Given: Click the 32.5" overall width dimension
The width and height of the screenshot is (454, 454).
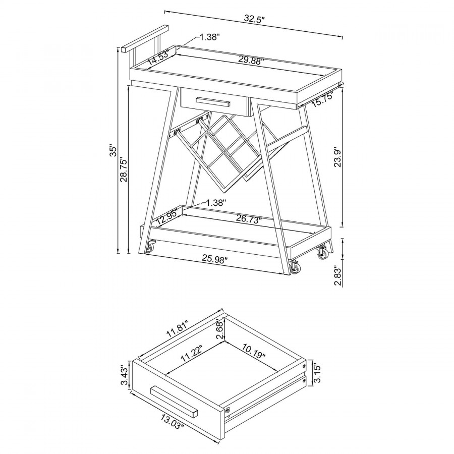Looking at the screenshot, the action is coord(255,19).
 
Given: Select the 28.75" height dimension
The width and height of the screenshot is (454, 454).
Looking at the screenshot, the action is coord(124,169).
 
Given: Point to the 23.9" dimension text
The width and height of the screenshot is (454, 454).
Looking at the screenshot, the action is coord(338,158).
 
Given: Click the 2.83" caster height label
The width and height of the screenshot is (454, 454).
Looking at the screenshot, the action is coord(337,275).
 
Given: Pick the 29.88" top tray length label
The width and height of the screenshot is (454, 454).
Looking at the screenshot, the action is coord(251,60).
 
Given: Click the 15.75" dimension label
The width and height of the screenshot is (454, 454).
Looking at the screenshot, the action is coord(323,99).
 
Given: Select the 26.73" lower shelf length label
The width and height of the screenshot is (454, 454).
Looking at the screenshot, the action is coord(249,219).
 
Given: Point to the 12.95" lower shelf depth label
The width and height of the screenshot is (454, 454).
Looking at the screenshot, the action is coord(167,218).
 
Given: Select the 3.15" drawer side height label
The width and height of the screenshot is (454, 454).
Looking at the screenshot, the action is coord(318,373).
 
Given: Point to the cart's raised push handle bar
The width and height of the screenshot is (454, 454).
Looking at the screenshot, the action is coord(145,39).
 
